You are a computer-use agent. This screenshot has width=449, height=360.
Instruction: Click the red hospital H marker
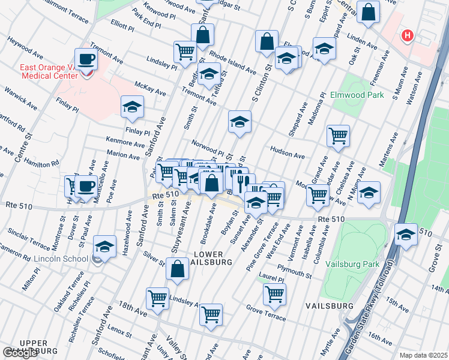point(408,36)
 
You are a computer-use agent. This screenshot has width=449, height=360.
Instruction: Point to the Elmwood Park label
point(357,95)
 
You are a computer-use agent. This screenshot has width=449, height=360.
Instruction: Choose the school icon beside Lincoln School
point(104,247)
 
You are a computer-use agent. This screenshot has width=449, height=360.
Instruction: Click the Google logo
point(20,353)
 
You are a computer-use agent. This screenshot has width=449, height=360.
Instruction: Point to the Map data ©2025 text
point(423,355)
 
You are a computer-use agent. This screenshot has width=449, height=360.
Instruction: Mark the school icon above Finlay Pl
point(132,107)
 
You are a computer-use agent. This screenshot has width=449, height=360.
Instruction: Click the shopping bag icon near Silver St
point(178,270)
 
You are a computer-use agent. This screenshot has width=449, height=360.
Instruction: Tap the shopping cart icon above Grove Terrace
point(274,294)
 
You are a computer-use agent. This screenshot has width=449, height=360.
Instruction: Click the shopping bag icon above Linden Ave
point(367,11)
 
